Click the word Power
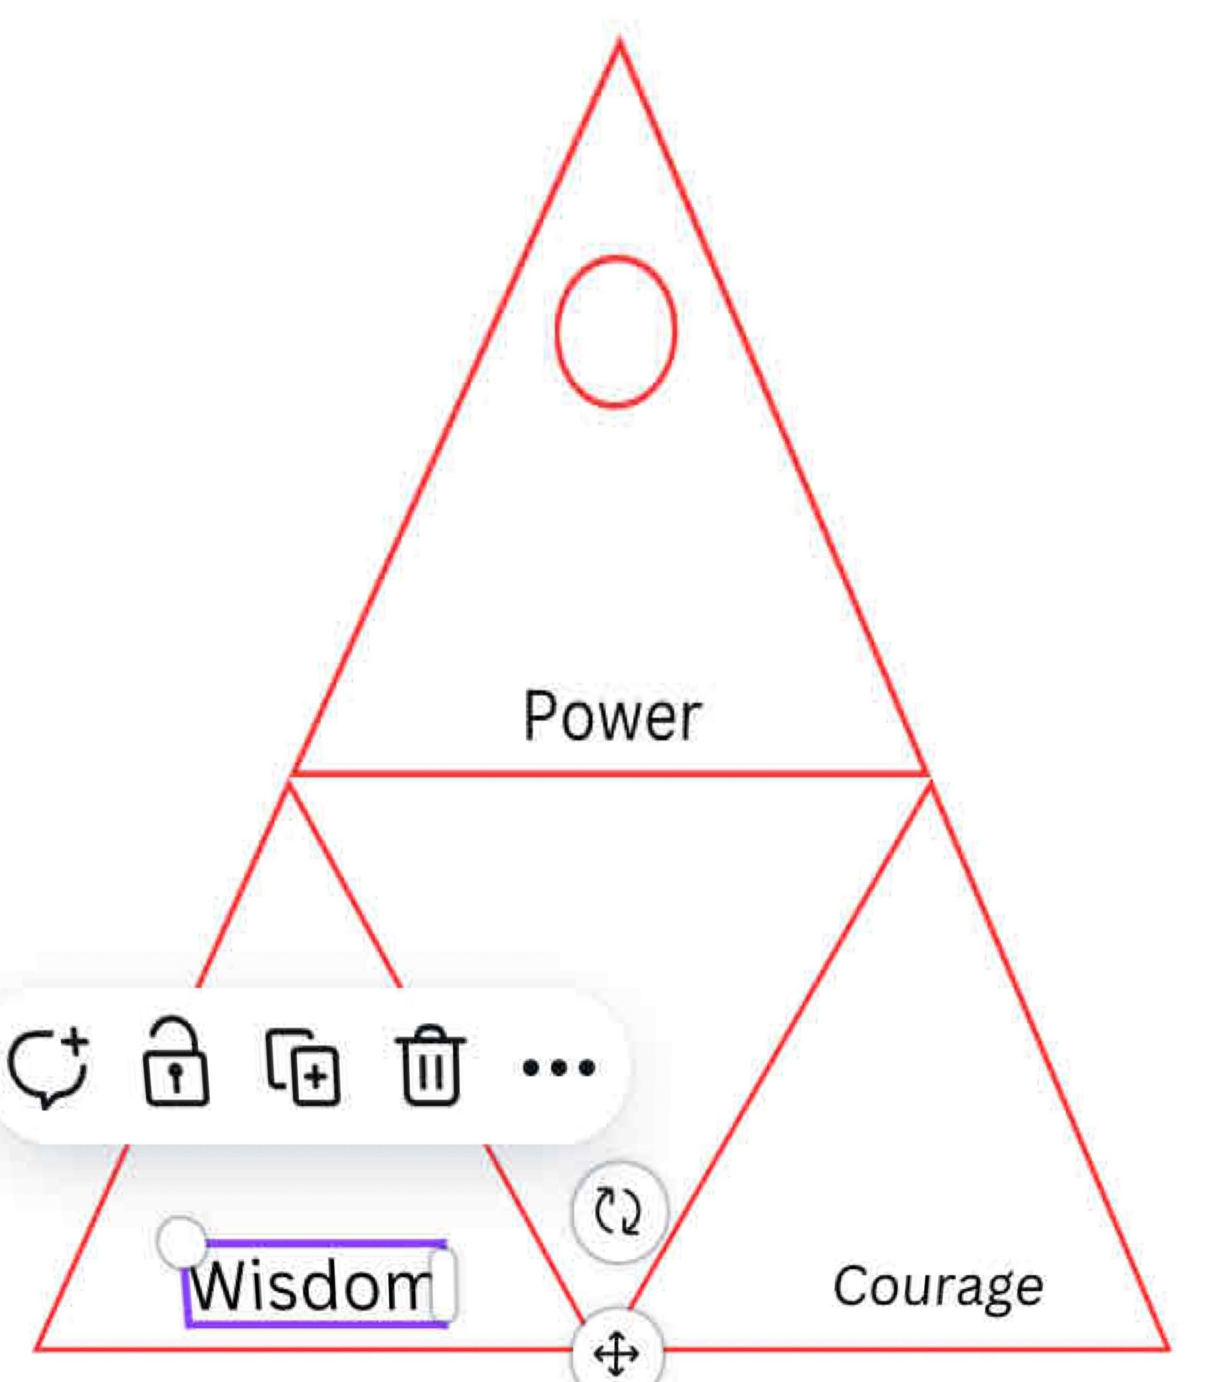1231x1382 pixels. pyautogui.click(x=612, y=716)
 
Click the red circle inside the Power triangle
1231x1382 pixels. pyautogui.click(x=615, y=331)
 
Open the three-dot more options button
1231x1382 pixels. pyautogui.click(x=559, y=1067)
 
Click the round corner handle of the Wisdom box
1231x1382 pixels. pyautogui.click(x=181, y=1243)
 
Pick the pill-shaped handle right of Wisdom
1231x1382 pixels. pyautogui.click(x=444, y=1285)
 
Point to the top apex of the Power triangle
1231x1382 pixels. pyautogui.click(x=619, y=44)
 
